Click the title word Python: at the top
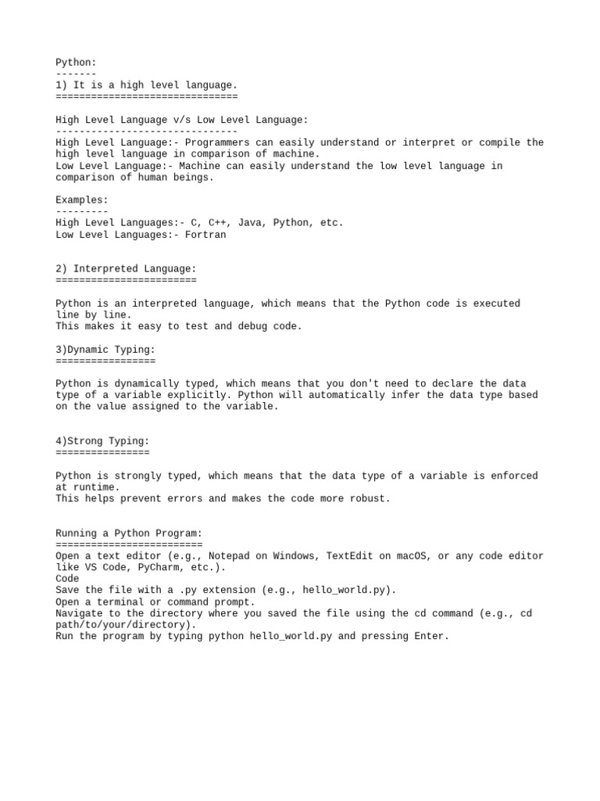(76, 62)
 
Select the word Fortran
(205, 235)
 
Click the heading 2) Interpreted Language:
(126, 268)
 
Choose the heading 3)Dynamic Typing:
(105, 349)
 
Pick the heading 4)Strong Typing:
(102, 441)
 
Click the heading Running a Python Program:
(129, 533)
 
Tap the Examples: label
(82, 200)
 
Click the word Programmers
(217, 142)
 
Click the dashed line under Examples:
(82, 211)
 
